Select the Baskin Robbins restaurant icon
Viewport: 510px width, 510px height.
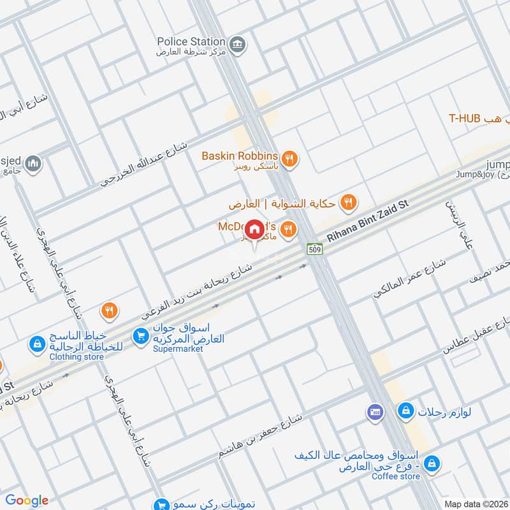(289, 157)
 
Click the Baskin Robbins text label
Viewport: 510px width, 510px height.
(240, 156)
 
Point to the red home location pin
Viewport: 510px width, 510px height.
(254, 229)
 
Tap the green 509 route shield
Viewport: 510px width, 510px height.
(314, 249)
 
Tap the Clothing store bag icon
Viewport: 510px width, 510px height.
(37, 345)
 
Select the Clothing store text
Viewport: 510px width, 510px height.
(76, 357)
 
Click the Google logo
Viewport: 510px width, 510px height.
(27, 500)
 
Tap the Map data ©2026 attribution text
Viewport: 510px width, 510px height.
(476, 504)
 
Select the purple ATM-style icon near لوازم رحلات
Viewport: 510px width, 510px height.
(375, 412)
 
